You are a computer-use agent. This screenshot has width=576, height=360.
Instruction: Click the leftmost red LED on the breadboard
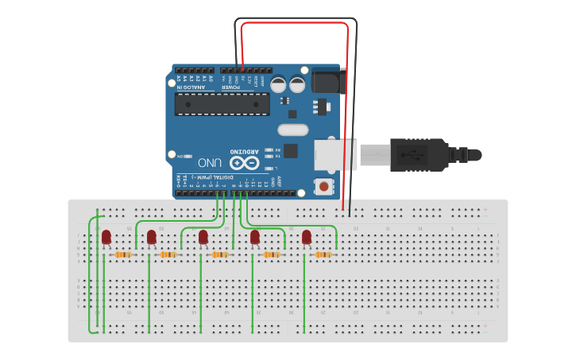pyautogui.click(x=106, y=237)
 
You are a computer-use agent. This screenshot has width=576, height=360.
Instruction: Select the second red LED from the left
pyautogui.click(x=152, y=237)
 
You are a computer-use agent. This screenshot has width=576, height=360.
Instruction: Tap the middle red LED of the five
pyautogui.click(x=203, y=237)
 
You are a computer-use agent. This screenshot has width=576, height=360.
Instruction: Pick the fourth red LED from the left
pyautogui.click(x=255, y=237)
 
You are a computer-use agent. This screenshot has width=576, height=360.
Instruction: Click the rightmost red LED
pyautogui.click(x=307, y=237)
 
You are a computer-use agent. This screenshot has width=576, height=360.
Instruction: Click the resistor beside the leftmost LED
pyautogui.click(x=123, y=254)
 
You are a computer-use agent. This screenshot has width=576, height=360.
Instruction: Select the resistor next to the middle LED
pyautogui.click(x=220, y=254)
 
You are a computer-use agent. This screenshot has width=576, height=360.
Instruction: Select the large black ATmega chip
pyautogui.click(x=222, y=104)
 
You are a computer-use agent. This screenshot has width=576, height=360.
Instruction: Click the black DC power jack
pyautogui.click(x=326, y=81)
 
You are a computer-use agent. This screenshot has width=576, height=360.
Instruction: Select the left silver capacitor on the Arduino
pyautogui.click(x=279, y=83)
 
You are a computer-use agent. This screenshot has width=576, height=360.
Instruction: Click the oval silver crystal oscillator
pyautogui.click(x=292, y=130)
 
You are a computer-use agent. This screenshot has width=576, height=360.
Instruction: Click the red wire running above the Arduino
pyautogui.click(x=294, y=24)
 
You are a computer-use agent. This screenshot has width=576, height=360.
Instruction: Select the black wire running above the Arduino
pyautogui.click(x=294, y=18)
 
